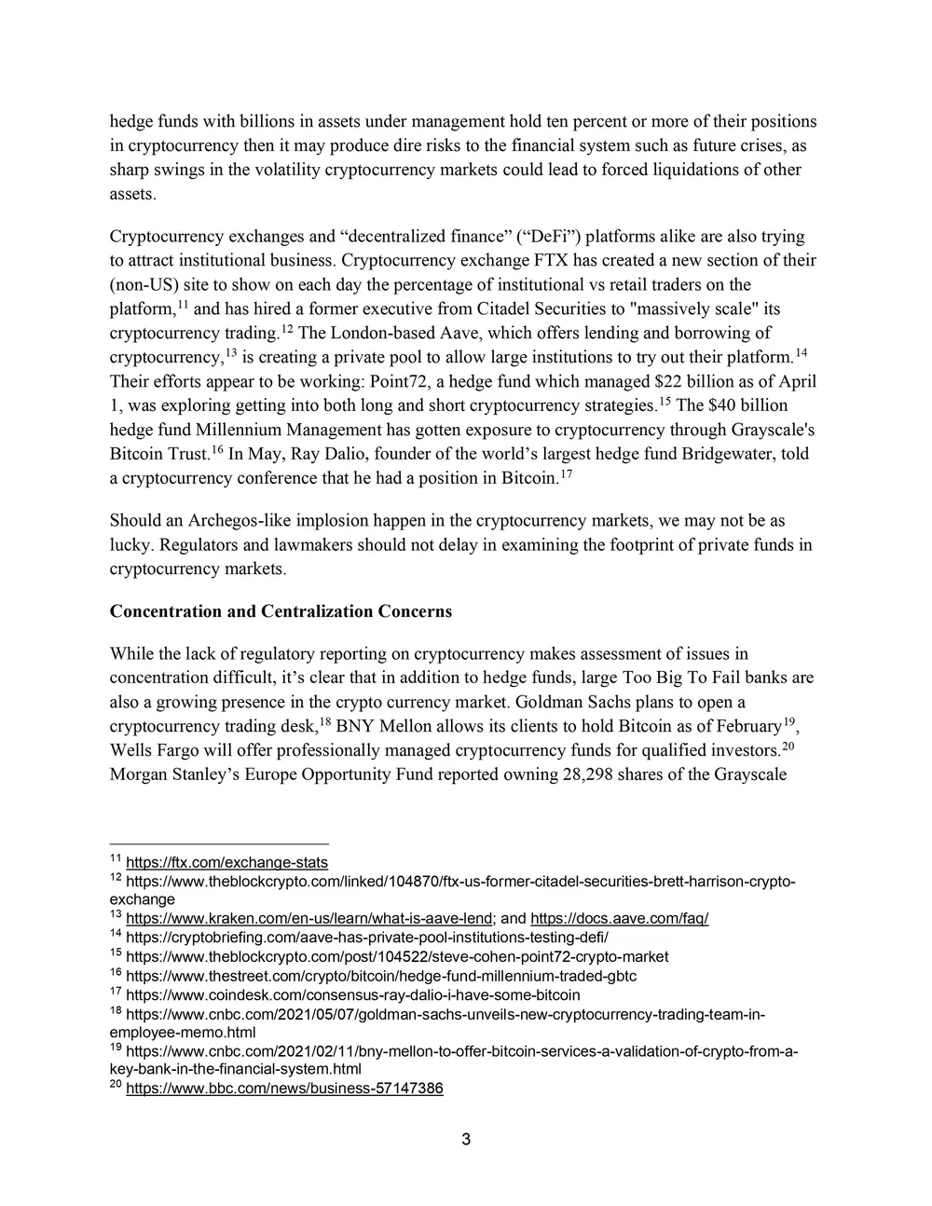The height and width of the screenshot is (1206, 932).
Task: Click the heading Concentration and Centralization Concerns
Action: [281, 611]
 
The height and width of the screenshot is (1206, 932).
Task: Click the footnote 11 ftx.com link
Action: [226, 862]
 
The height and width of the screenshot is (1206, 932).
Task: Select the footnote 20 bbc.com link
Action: [284, 1088]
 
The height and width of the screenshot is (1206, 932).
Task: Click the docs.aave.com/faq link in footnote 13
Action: [619, 918]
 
